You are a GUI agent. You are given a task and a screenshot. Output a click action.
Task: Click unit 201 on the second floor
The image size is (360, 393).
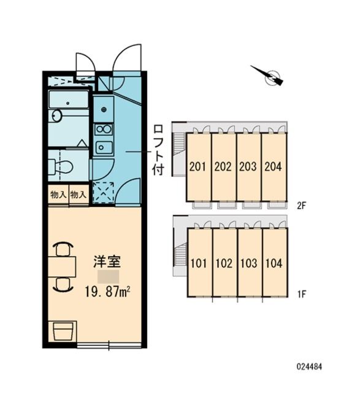pos(198,166)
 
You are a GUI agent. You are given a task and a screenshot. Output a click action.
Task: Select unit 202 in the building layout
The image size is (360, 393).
pos(223,166)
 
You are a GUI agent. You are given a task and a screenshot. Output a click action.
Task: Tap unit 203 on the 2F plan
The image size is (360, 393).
pos(248,166)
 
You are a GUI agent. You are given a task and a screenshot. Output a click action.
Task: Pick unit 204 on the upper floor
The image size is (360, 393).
pos(274,166)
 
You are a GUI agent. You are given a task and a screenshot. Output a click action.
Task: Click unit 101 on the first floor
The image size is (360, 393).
pos(199,263)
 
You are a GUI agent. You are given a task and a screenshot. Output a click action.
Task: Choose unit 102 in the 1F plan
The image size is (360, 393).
pos(224,263)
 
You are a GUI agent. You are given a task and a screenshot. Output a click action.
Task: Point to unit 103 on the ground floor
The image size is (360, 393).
pos(249,263)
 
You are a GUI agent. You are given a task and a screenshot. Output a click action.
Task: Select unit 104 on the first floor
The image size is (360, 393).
pos(274,263)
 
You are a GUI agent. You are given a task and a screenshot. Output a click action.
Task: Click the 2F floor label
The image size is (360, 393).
pos(301,207)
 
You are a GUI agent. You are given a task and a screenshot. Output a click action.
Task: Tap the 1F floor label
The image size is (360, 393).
pos(301,294)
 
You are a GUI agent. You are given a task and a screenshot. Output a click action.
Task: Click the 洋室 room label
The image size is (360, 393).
pos(106,261)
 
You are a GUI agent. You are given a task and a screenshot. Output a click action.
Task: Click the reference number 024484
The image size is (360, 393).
pos(310,366)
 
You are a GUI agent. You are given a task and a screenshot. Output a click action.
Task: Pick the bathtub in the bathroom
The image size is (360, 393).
pos(69,101)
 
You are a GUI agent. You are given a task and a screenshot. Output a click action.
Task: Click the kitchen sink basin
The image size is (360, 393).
pos(103,147)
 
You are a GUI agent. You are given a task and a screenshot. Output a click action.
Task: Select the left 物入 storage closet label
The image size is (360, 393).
pos(58,194)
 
